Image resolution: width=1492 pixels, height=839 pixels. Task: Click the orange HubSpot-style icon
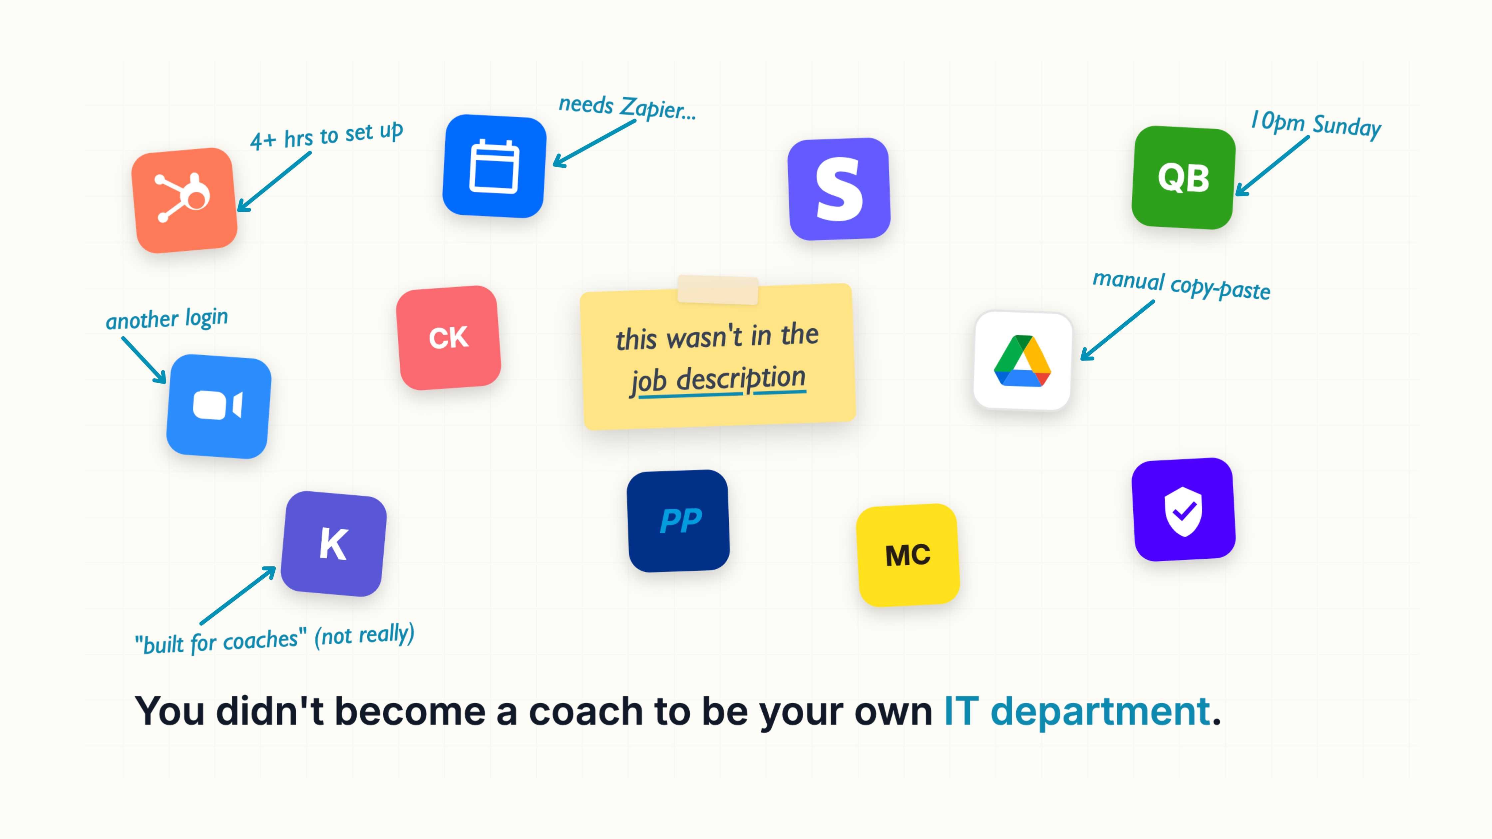point(184,200)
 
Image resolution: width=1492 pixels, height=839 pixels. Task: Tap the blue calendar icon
point(494,166)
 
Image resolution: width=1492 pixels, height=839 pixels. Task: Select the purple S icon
point(839,189)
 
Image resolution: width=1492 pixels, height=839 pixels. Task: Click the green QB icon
point(1183,177)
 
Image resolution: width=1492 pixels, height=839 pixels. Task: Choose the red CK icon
point(448,338)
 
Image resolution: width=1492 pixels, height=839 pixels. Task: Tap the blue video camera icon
point(218,407)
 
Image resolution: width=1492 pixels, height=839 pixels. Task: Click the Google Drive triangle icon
point(1023,361)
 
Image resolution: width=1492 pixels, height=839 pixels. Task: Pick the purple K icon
point(334,544)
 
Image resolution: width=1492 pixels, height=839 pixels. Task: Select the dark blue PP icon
point(678,520)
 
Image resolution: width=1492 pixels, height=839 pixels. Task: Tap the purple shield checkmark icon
point(1183,509)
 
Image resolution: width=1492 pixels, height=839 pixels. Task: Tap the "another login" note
point(167,319)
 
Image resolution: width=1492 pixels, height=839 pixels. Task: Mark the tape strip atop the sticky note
point(718,290)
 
